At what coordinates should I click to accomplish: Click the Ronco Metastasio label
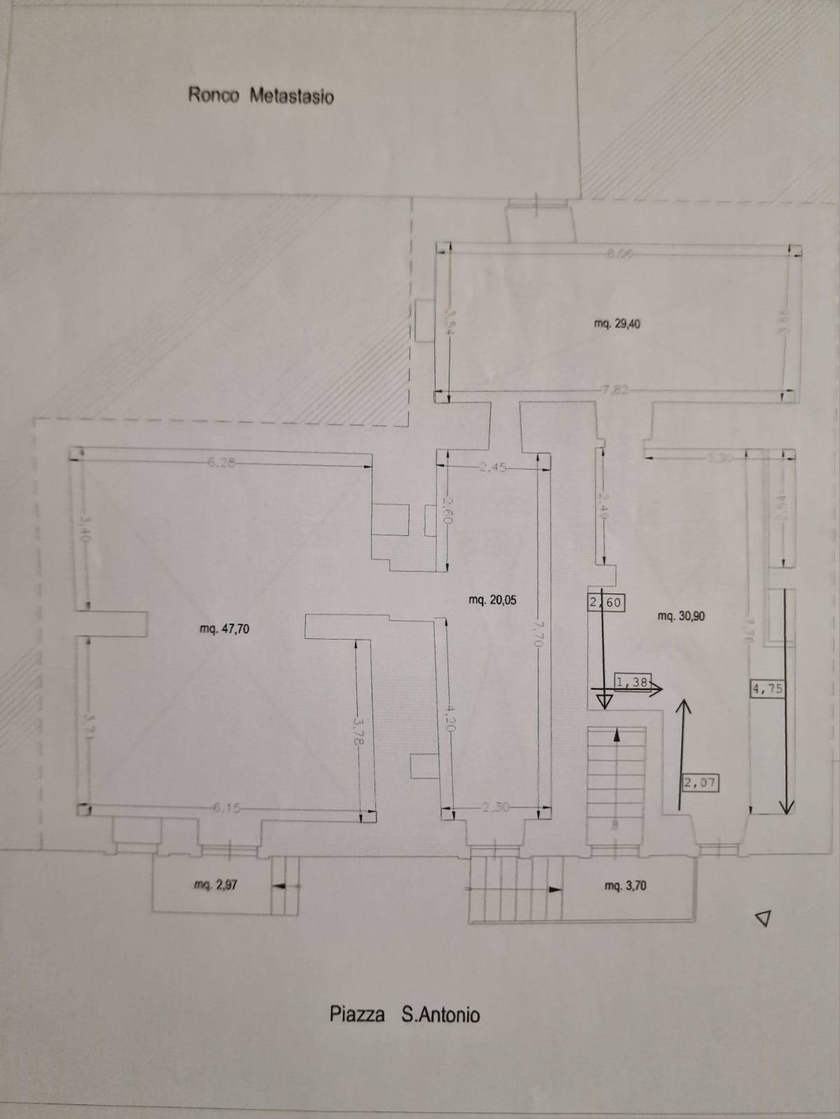pos(260,95)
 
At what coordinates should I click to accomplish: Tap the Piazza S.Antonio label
pos(405,1014)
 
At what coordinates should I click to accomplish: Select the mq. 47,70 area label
pos(224,628)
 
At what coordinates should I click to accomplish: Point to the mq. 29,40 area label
pos(617,324)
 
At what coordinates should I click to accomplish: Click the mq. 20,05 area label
pos(492,600)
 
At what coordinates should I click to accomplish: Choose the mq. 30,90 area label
pos(681,616)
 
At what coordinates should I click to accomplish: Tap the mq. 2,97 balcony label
pos(215,885)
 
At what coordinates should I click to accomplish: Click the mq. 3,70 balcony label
pos(625,886)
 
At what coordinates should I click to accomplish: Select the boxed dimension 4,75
pos(766,689)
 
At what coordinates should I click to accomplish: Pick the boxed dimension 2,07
pos(699,782)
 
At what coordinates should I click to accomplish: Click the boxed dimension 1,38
pos(633,682)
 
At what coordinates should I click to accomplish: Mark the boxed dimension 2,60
pos(605,602)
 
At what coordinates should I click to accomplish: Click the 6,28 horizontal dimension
pos(219,460)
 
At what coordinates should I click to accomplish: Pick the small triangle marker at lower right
pos(764,917)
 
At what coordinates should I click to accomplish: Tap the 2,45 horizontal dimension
pos(493,467)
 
